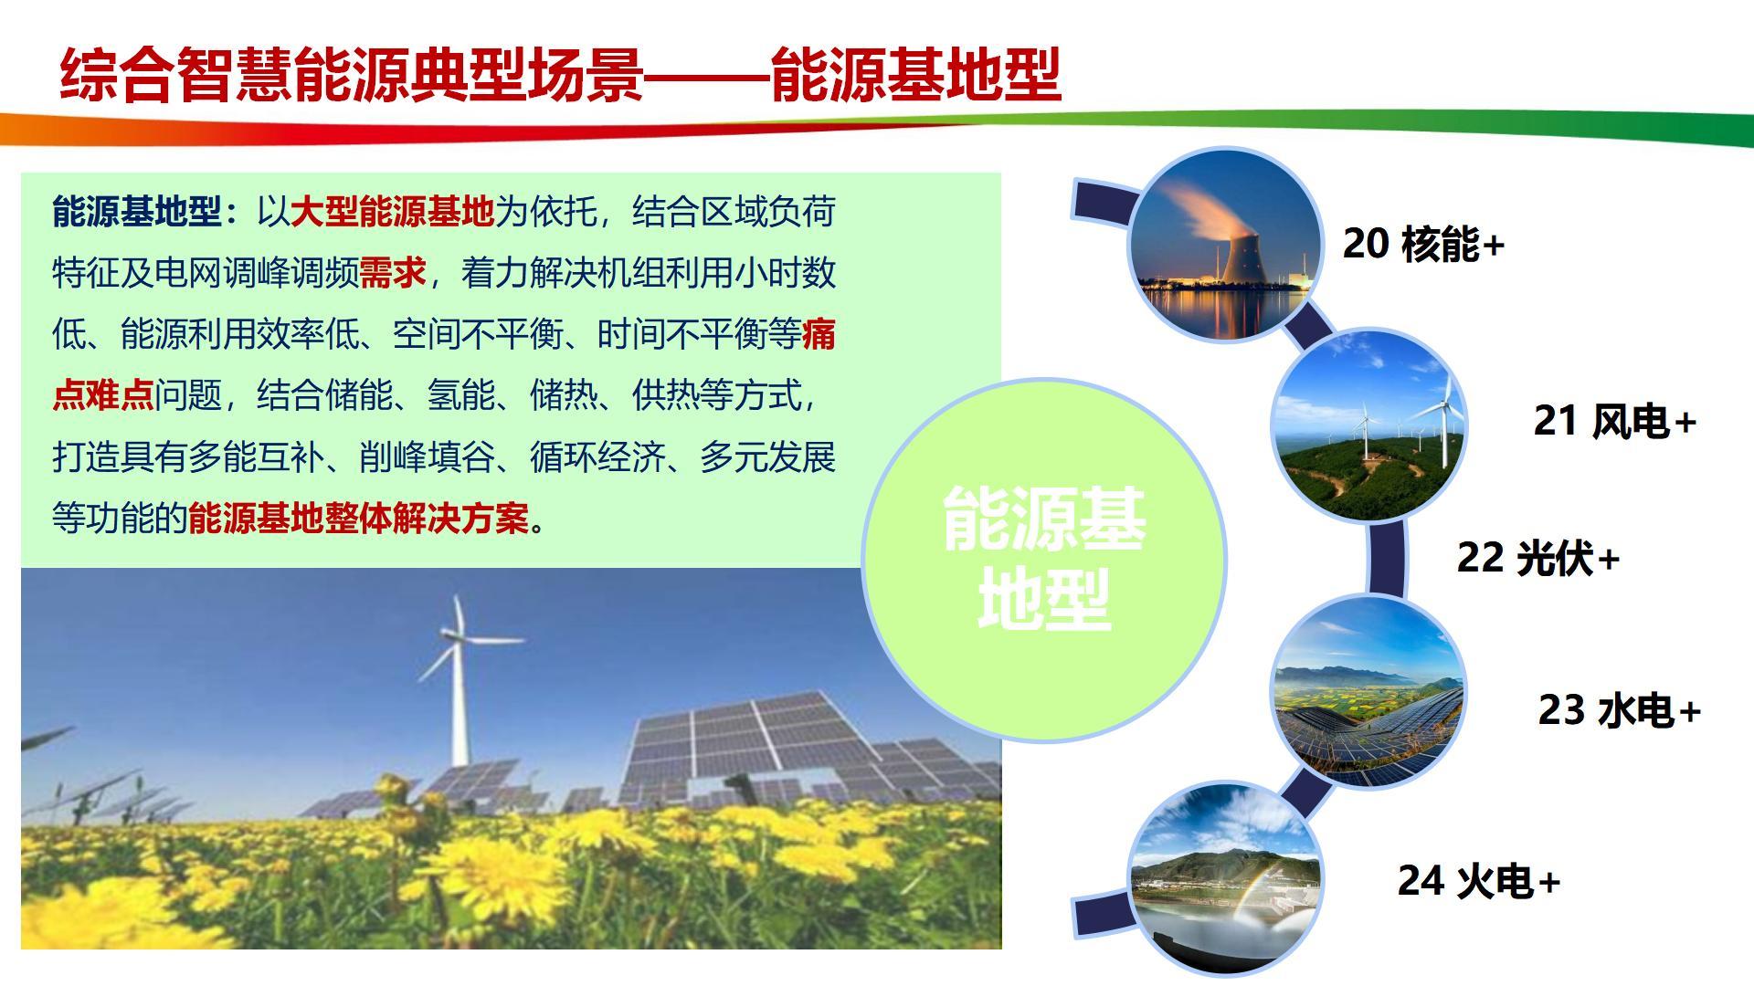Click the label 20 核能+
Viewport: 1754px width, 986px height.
[x=1423, y=244]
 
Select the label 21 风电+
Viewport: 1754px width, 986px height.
[x=1614, y=421]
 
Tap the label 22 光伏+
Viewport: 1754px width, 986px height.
[x=1537, y=558]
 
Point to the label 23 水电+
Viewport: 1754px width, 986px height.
[x=1619, y=710]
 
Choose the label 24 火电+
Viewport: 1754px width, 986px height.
[x=1479, y=881]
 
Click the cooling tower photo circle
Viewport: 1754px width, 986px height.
[x=1225, y=245]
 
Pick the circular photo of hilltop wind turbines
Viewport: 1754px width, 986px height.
[x=1368, y=425]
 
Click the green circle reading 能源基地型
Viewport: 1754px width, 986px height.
[x=1044, y=560]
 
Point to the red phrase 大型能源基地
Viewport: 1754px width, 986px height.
[x=393, y=212]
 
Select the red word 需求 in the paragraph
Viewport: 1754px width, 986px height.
[x=393, y=273]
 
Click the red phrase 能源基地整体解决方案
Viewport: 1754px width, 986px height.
[x=359, y=519]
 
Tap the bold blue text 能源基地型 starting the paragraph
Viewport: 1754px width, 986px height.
[x=137, y=212]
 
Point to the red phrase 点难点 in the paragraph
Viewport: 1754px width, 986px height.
[x=103, y=395]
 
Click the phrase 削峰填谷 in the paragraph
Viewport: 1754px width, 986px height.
[x=427, y=457]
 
